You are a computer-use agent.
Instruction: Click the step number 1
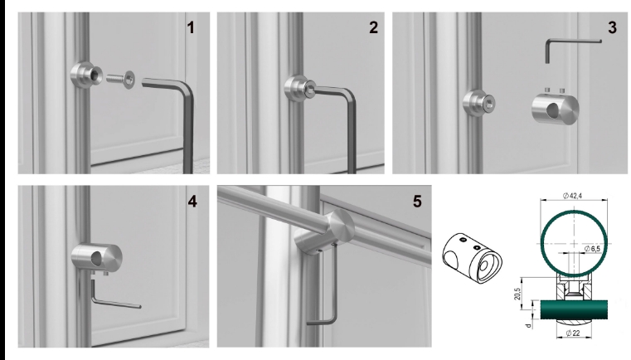click(191, 27)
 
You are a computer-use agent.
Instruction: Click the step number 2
click(373, 27)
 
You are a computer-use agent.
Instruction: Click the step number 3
click(612, 27)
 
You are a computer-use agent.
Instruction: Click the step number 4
click(192, 202)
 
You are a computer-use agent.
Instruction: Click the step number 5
click(417, 202)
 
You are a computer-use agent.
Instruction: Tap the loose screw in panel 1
click(121, 79)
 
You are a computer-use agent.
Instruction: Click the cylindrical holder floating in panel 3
click(556, 109)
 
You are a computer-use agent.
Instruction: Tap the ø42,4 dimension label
click(573, 196)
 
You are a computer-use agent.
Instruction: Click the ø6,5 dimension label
click(592, 249)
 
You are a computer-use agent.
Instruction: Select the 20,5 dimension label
click(517, 294)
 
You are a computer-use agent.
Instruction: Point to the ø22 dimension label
click(572, 333)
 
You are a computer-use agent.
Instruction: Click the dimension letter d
click(529, 325)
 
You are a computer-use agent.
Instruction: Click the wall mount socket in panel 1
click(85, 75)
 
